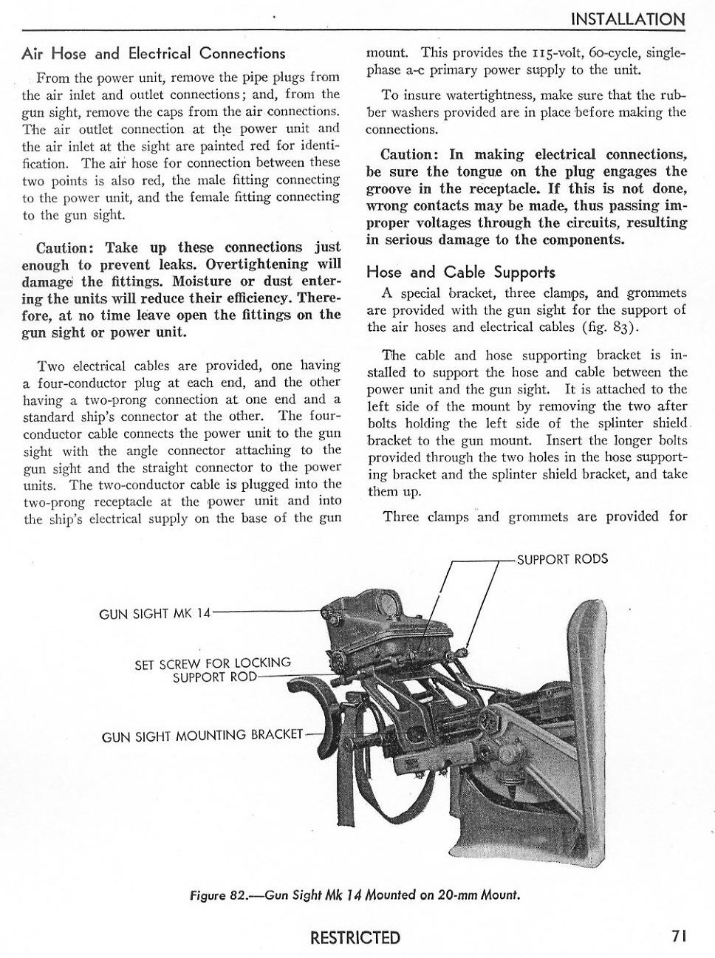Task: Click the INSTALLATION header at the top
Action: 629,19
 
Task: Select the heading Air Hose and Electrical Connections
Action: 153,53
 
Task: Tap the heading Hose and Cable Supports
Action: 460,272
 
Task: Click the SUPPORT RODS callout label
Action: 562,559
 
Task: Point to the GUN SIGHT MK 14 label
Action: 154,614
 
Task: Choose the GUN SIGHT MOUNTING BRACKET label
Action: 202,735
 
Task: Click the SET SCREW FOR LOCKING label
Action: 213,663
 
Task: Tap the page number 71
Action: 680,935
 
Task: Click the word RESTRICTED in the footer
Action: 355,937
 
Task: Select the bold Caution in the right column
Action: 409,154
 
